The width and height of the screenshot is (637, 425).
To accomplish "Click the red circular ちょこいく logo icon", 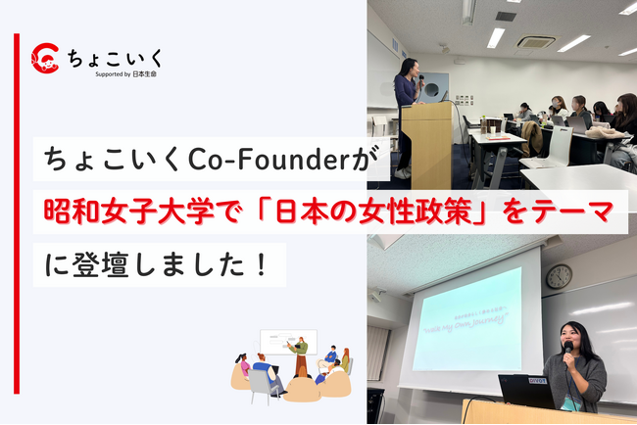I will [x=46, y=58].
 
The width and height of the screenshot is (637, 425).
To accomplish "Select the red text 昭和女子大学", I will [x=106, y=211].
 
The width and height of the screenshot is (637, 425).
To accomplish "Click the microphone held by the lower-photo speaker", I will [x=567, y=349].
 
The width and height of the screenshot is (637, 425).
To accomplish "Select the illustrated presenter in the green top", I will [x=301, y=353].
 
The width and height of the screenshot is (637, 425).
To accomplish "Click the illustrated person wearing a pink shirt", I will [x=243, y=366].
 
